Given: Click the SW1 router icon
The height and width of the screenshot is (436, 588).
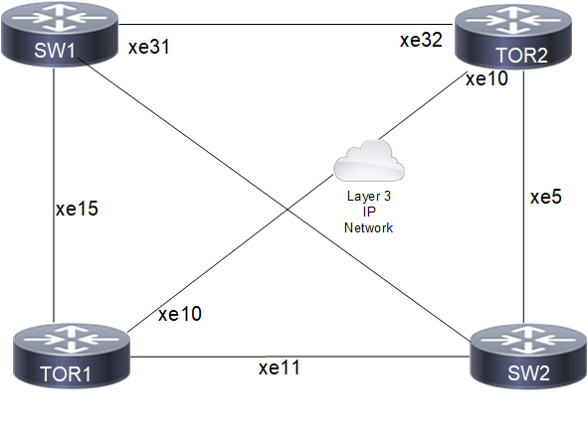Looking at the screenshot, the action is (60, 35).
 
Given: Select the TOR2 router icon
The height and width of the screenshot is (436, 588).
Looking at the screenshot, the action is (513, 37).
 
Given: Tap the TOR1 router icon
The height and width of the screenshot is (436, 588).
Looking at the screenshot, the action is (72, 356).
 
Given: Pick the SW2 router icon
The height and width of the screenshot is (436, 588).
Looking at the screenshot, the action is (528, 357).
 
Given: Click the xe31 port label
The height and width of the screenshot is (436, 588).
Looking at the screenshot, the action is (149, 47).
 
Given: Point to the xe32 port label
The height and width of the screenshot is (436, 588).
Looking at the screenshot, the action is (421, 40).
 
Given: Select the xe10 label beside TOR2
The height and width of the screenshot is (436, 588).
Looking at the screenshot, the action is (487, 78).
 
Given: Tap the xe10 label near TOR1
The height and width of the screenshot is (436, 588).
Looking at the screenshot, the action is (180, 314).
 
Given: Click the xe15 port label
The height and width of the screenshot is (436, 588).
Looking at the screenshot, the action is (77, 209).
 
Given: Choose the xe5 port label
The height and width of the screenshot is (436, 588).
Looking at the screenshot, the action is (546, 197).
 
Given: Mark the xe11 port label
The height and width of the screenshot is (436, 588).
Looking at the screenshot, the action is (280, 367).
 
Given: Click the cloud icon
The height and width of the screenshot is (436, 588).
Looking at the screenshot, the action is (369, 161).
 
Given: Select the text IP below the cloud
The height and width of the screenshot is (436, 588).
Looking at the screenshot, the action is (369, 212).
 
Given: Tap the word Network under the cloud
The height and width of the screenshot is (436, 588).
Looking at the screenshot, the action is (369, 227).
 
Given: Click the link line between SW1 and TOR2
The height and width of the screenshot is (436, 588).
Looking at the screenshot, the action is (287, 24).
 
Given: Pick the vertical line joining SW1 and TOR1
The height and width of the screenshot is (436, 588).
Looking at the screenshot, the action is (54, 196).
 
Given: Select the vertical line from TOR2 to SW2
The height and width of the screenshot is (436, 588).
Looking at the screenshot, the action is (523, 197).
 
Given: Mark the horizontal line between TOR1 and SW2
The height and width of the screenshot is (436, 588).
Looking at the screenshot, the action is (300, 357).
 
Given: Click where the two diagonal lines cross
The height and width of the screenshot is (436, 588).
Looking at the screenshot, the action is (288, 209).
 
